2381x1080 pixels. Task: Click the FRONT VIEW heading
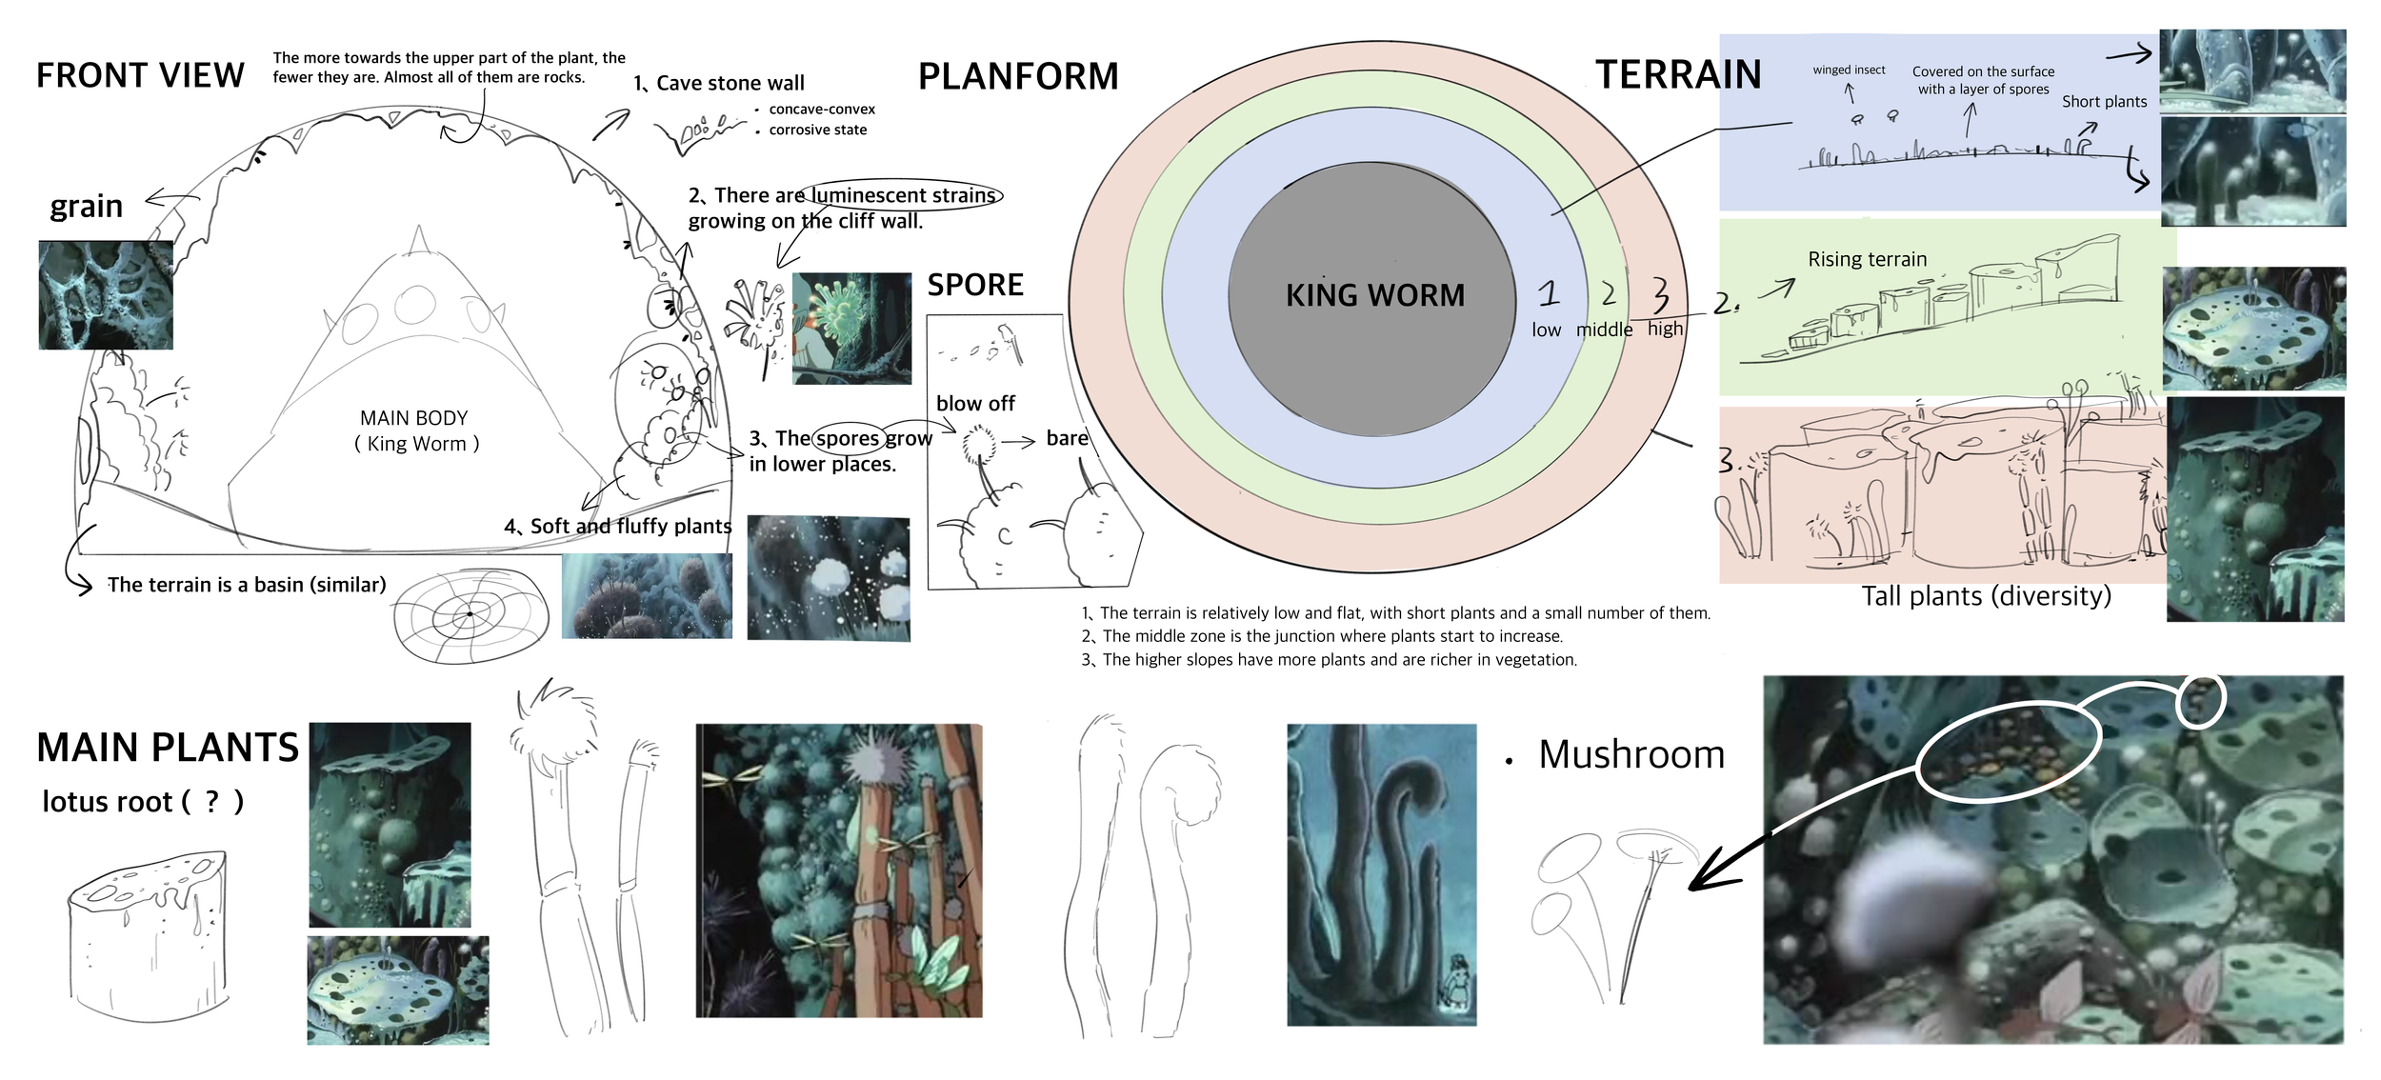pos(140,75)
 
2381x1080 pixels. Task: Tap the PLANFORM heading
pos(1017,76)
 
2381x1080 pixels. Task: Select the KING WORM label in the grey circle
pos(1374,295)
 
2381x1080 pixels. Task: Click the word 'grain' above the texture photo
pos(86,207)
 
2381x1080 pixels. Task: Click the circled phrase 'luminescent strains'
pos(902,195)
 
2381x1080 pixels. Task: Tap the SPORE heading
pos(975,285)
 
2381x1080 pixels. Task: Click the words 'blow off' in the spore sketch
pos(975,404)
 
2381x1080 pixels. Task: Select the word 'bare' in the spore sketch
pos(1067,438)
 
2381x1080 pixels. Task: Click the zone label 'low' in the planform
pos(1546,330)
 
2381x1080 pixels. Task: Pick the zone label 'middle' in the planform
pos(1604,330)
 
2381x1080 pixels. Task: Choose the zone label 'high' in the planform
pos(1665,329)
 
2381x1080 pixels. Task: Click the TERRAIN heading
pos(1678,74)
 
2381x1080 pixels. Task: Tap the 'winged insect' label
pos(1848,70)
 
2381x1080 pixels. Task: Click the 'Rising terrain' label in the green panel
pos(1867,259)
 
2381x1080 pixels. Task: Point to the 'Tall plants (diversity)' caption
pos(1986,596)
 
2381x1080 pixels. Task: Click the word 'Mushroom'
pos(1631,754)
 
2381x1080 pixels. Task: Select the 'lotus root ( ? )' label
pos(143,802)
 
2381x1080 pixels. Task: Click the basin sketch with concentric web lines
pos(471,615)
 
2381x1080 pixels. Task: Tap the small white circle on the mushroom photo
pos(2201,701)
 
